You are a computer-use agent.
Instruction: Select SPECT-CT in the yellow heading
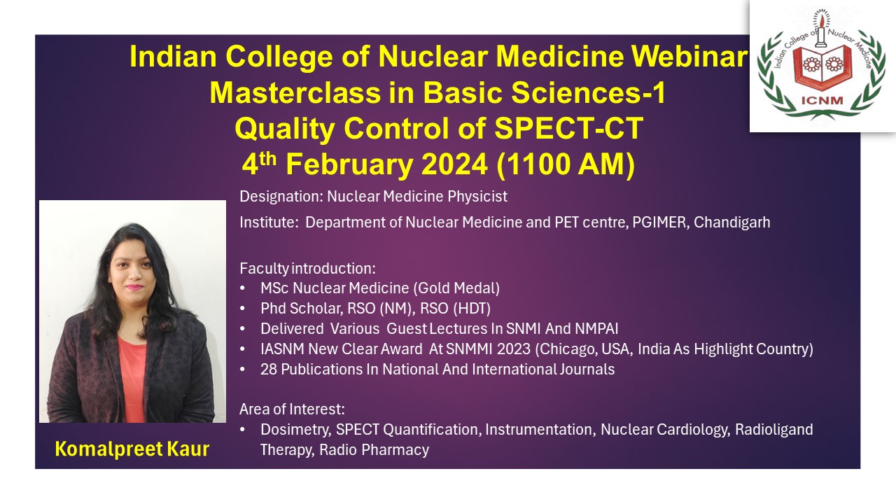(569, 128)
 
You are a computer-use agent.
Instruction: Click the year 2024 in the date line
(454, 164)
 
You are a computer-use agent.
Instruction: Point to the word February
(349, 164)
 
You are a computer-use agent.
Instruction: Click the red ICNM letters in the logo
(822, 100)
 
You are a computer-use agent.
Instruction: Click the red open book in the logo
(822, 68)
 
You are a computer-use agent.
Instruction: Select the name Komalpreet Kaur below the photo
(132, 449)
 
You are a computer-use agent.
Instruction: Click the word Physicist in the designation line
(477, 197)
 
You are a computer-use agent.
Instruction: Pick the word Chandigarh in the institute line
(731, 222)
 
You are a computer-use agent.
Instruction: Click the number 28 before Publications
(268, 369)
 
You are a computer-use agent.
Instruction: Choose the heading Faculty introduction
(307, 268)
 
